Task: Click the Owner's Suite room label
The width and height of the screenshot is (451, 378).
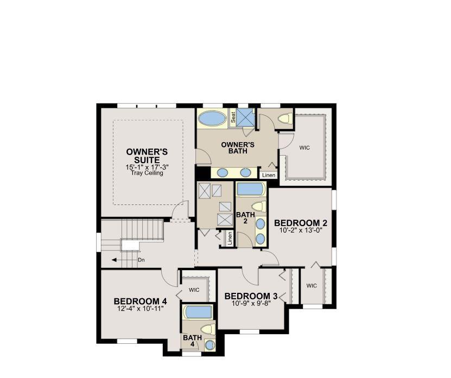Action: click(x=147, y=156)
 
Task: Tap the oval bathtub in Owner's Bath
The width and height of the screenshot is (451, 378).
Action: click(x=213, y=118)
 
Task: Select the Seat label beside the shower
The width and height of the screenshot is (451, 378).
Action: click(x=233, y=117)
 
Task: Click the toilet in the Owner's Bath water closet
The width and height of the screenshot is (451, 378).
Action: click(x=286, y=118)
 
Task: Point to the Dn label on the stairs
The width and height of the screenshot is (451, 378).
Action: click(x=141, y=260)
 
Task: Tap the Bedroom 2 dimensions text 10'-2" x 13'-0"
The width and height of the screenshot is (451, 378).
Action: click(x=300, y=230)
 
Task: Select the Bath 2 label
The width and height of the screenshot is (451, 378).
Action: click(x=245, y=217)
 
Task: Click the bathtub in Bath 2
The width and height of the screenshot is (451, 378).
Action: click(x=250, y=189)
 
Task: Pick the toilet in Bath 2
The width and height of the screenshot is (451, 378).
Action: click(x=258, y=207)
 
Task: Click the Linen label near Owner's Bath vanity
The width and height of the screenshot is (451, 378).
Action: click(x=269, y=175)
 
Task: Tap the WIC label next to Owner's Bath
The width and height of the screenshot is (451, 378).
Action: click(x=304, y=148)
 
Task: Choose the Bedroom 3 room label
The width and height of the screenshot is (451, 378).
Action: click(x=251, y=296)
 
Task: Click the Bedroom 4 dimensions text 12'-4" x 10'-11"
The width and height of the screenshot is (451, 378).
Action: click(x=140, y=309)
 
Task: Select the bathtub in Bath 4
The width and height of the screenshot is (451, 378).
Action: click(x=199, y=312)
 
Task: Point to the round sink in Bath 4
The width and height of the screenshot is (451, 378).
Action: click(x=209, y=345)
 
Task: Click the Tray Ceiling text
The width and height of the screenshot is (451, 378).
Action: click(x=147, y=173)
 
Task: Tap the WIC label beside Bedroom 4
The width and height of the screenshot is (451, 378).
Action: click(x=194, y=290)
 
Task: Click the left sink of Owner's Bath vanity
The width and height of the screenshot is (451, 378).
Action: click(x=222, y=173)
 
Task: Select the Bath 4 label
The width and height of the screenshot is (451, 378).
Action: click(x=192, y=341)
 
